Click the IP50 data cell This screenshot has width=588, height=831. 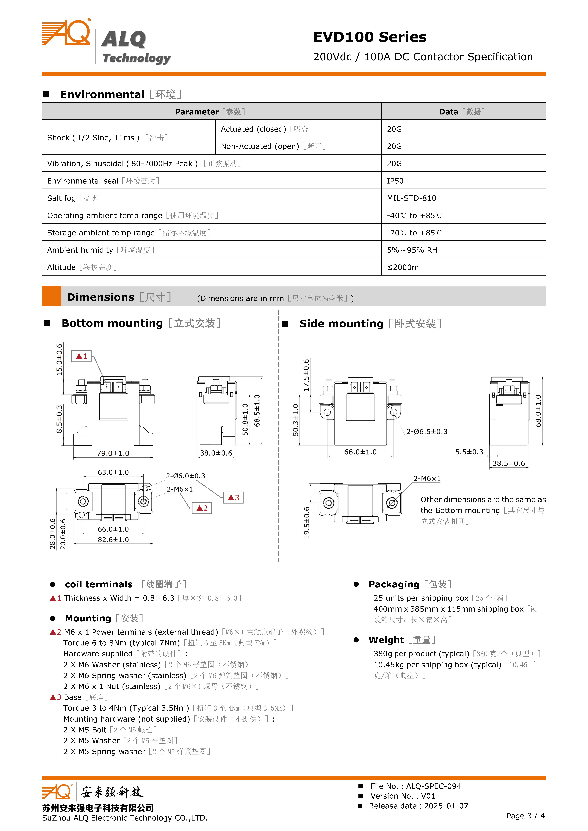coord(395,181)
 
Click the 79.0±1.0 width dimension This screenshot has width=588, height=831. coord(113,453)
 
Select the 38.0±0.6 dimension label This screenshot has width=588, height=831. coord(216,453)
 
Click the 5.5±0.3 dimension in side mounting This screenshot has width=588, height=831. coord(469,452)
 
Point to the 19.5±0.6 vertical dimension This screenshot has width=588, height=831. coord(307,522)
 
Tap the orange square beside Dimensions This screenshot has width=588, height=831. coord(51,296)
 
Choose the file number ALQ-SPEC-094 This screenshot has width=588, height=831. coord(433,786)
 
